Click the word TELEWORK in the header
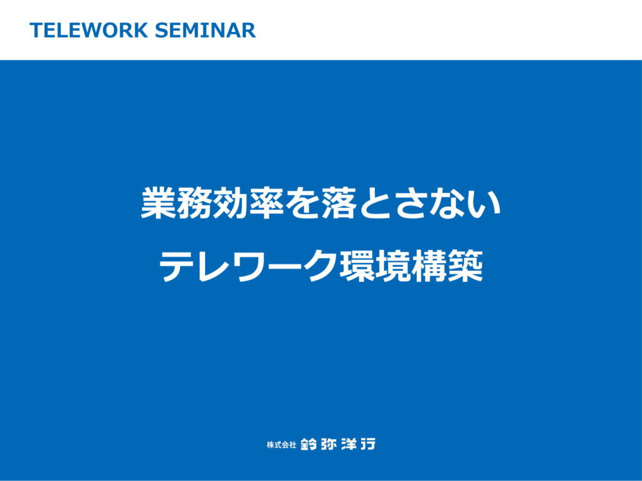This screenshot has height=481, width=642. coord(88,30)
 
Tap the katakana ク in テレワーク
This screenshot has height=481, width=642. coord(321,267)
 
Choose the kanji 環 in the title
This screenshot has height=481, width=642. coord(357,267)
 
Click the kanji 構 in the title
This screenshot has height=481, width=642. coord(429,267)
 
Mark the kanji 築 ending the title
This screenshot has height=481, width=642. coord(466,267)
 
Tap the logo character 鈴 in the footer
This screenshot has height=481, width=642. coord(308,444)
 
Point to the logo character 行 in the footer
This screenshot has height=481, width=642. coord(367,444)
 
